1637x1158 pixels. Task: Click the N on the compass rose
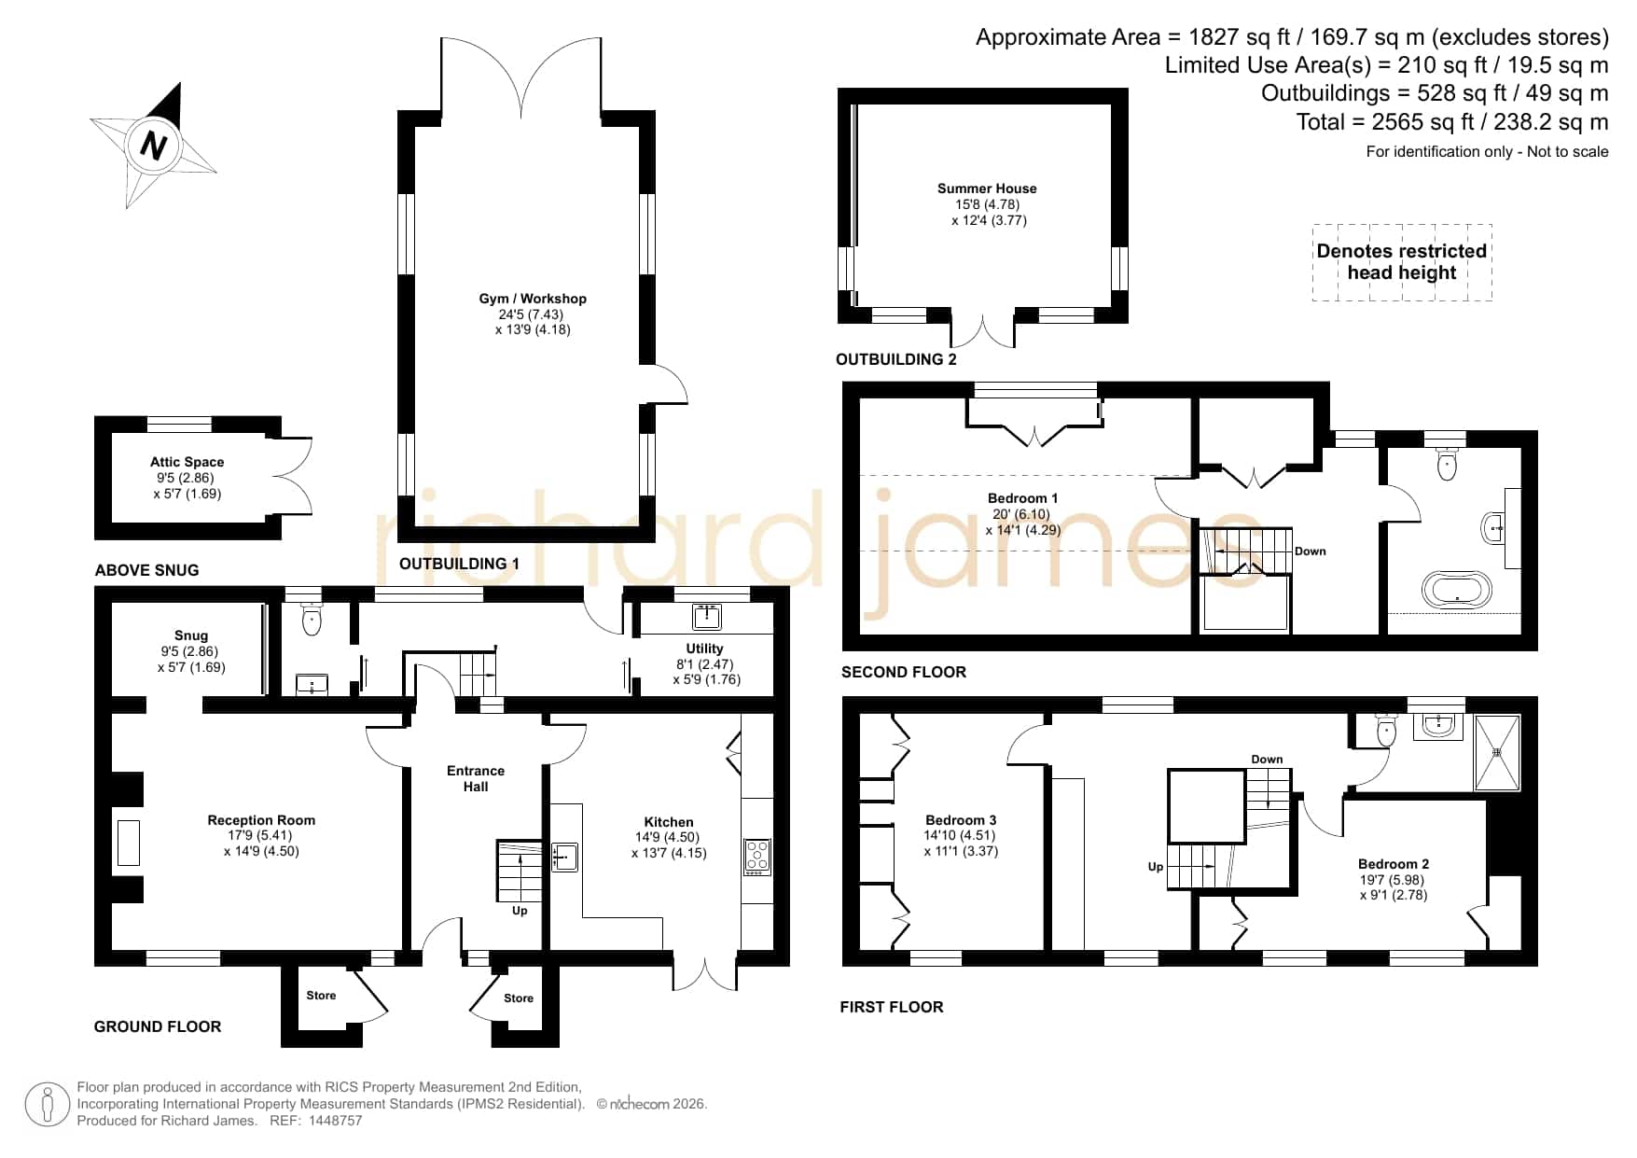point(154,146)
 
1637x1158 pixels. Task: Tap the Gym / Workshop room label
point(533,299)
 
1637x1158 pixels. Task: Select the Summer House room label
point(987,188)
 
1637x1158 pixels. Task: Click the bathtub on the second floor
point(1456,590)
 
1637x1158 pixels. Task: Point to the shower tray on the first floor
point(1496,752)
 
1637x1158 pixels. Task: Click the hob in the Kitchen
point(757,857)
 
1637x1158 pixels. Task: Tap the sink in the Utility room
point(707,616)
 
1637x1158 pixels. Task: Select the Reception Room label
point(261,820)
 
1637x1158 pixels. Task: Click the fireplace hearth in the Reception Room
point(128,843)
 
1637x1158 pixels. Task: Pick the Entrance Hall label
point(476,778)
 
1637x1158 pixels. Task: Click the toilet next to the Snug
point(312,619)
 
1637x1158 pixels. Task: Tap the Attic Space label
point(187,462)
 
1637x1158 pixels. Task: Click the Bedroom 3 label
point(961,820)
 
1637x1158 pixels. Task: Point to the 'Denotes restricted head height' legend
point(1402,262)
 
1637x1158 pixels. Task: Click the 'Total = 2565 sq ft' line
point(1452,122)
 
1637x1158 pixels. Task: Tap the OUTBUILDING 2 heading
point(896,359)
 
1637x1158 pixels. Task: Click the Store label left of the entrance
point(321,996)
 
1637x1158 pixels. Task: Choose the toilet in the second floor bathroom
point(1447,464)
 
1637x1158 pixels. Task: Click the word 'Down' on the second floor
point(1311,551)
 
